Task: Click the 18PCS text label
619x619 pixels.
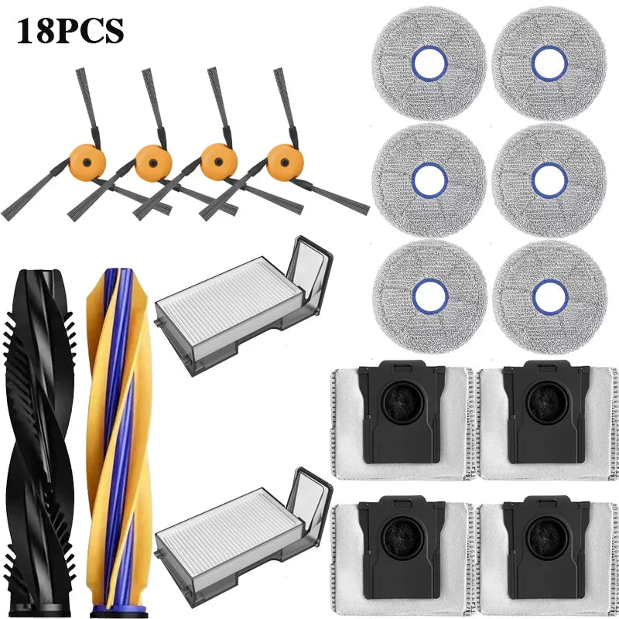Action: tap(70, 31)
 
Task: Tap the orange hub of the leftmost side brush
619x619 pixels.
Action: tap(87, 162)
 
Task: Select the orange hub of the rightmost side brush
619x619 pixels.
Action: tap(285, 162)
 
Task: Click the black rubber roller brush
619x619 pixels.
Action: tap(39, 443)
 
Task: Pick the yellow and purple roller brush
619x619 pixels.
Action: tap(119, 443)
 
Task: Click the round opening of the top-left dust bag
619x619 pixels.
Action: tap(402, 402)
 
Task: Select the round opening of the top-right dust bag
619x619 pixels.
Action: tap(547, 402)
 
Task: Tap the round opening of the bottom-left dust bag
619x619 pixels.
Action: tap(402, 539)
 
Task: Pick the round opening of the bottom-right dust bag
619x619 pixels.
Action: tap(547, 539)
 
